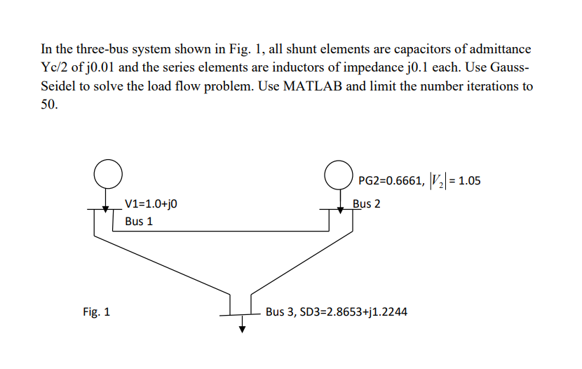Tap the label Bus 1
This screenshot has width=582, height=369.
click(139, 222)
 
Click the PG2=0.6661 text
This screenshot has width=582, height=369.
click(390, 182)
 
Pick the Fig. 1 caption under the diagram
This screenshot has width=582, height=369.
click(96, 311)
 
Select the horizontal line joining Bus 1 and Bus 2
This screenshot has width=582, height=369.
click(221, 231)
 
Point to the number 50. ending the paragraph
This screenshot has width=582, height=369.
click(49, 105)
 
